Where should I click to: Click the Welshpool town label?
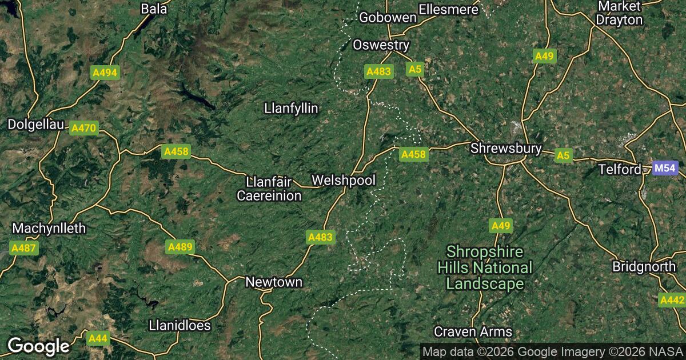tap(344, 181)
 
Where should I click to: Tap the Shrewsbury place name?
tap(506, 149)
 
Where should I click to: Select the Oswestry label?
tap(381, 45)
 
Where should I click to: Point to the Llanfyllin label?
tap(291, 108)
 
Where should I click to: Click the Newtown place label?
tap(274, 282)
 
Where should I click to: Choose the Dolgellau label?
tap(34, 124)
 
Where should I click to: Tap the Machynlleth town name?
tap(49, 229)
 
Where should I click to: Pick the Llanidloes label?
tap(180, 326)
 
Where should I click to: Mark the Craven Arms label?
tap(473, 331)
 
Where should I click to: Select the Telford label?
tap(620, 170)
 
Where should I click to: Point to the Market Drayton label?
tap(619, 13)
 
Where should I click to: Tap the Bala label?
tap(153, 9)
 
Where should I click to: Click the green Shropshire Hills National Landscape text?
tap(485, 267)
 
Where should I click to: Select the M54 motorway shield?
tap(665, 169)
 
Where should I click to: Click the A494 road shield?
tap(105, 73)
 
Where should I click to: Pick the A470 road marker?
tap(83, 129)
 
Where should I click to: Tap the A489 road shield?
tap(180, 247)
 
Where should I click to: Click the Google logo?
tap(38, 346)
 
